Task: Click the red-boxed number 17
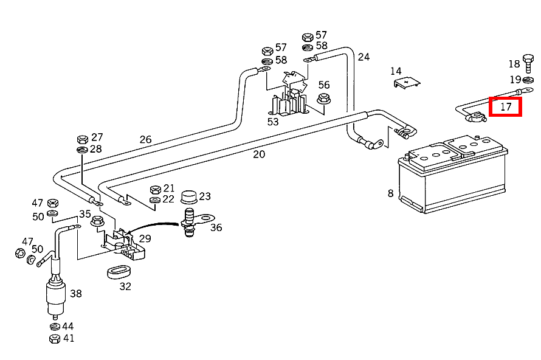[x=506, y=107]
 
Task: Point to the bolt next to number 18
[x=528, y=62]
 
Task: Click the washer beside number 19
[x=528, y=80]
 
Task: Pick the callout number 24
[x=364, y=57]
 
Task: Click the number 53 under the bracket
[x=273, y=122]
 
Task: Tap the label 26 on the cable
[x=145, y=139]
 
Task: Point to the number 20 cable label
[x=259, y=154]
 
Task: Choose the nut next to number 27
[x=82, y=139]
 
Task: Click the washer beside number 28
[x=82, y=150]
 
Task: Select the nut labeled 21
[x=154, y=189]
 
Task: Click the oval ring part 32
[x=120, y=271]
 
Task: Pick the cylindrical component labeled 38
[x=56, y=295]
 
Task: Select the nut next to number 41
[x=54, y=337]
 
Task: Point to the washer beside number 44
[x=54, y=327]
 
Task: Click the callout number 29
[x=145, y=239]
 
